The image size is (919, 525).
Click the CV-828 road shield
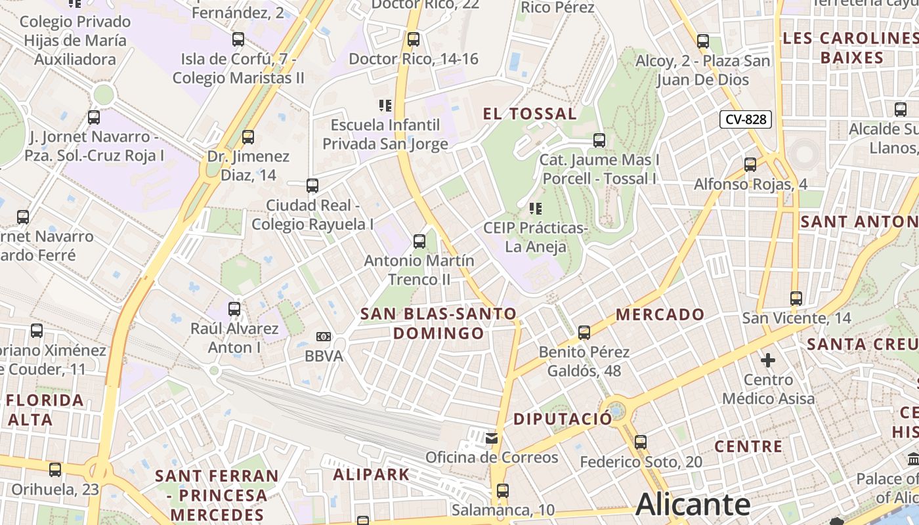[746, 119]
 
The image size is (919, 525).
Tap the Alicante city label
[693, 504]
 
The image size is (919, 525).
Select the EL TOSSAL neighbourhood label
[530, 114]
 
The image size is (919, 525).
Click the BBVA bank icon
[323, 337]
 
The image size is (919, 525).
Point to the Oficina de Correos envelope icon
[491, 438]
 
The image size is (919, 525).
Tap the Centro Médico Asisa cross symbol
[768, 360]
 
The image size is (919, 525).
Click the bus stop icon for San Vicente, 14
[796, 299]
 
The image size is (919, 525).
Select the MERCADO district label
[660, 314]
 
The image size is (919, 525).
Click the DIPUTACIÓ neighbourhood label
[563, 419]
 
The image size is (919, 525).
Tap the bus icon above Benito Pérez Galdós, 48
[584, 333]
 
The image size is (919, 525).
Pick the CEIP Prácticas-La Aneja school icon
[536, 209]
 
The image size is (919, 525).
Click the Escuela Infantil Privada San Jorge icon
[385, 105]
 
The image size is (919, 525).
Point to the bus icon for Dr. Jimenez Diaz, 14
[248, 137]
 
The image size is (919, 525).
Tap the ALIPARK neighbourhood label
[371, 474]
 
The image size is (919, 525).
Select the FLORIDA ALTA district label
[45, 409]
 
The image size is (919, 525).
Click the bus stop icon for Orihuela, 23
[55, 470]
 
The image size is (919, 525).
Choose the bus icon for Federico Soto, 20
[641, 442]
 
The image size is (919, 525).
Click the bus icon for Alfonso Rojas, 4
[750, 165]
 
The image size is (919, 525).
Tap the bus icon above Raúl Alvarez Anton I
[234, 308]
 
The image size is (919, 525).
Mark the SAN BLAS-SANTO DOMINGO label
[438, 324]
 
